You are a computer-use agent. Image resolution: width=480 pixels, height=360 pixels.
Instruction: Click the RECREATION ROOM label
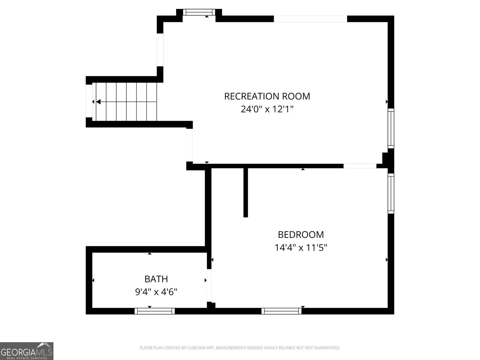point(267,96)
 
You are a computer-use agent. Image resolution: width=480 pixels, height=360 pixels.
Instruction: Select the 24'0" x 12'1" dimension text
point(267,109)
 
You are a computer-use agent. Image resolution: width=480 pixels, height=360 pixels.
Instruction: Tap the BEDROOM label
point(301,234)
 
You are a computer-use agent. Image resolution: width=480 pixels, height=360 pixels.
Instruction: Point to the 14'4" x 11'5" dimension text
point(301,248)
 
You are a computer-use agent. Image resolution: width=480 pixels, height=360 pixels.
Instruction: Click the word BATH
point(156,279)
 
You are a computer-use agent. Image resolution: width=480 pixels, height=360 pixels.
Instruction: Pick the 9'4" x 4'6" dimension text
point(156,292)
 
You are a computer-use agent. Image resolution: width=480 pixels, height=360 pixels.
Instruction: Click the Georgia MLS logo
point(27,351)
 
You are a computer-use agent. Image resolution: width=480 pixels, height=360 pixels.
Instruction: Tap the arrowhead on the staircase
point(98,102)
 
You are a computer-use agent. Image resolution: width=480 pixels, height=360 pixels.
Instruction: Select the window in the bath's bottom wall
point(154,311)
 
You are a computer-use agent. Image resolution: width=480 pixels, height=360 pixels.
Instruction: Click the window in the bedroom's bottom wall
point(281,311)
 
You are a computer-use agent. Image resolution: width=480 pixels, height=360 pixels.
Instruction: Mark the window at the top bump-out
point(199,12)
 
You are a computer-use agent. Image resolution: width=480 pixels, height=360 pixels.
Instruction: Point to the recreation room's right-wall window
point(391,128)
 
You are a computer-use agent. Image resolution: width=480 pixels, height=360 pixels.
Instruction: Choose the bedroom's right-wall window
point(391,193)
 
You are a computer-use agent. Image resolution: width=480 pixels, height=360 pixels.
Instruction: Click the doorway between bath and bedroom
point(209,285)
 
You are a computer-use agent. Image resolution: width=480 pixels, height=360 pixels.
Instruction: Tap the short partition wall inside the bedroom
point(246,192)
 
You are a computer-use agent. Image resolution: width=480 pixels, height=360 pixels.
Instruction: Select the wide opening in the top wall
point(310,19)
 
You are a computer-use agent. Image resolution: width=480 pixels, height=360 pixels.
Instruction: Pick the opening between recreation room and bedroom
point(360,166)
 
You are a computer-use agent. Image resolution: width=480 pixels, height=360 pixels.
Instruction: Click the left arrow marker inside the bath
point(93,280)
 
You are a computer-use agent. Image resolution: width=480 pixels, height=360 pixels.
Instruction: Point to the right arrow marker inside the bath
point(205,280)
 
